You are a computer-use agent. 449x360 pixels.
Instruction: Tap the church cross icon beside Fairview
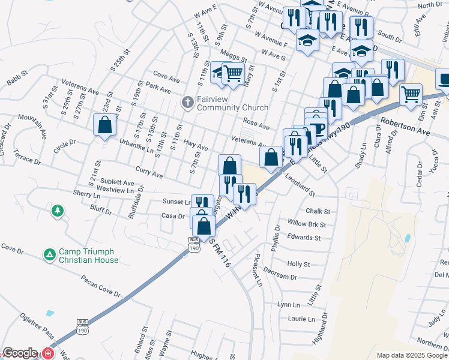(x=187, y=103)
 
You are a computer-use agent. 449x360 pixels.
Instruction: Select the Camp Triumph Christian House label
(x=89, y=256)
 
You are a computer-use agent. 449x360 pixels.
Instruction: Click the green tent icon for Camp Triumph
(x=50, y=256)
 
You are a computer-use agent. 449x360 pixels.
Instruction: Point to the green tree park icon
(x=57, y=211)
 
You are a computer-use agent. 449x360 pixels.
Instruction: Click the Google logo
(x=20, y=353)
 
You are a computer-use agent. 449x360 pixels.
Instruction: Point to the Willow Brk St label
(x=306, y=224)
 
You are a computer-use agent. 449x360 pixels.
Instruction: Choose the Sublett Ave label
(x=117, y=182)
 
